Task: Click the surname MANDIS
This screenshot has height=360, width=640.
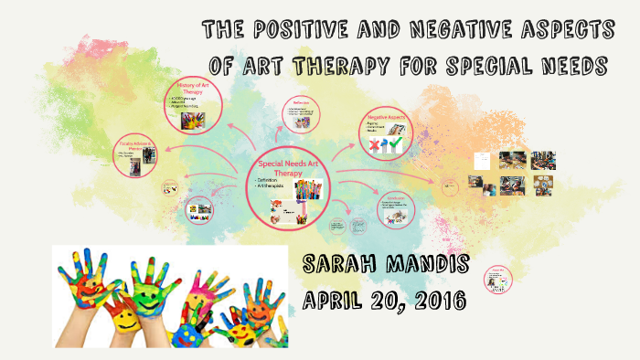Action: tap(429, 267)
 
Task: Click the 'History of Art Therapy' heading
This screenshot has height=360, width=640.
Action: tap(191, 90)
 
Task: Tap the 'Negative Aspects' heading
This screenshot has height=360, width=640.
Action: tap(386, 120)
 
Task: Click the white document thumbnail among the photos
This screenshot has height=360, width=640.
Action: tap(482, 161)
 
